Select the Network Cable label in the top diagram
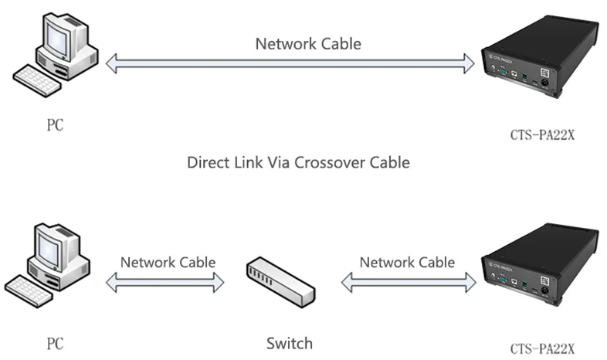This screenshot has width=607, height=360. (308, 44)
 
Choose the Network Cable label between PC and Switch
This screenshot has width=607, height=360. (168, 262)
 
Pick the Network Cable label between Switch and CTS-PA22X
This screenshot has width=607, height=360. (407, 262)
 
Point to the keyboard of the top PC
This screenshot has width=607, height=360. (39, 80)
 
